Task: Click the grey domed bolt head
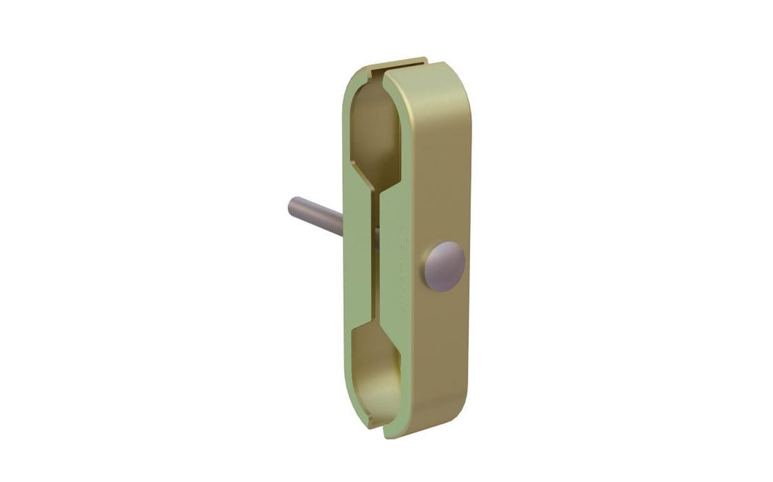point(445,265)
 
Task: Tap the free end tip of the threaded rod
point(290,205)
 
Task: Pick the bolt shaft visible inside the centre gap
point(376,238)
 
